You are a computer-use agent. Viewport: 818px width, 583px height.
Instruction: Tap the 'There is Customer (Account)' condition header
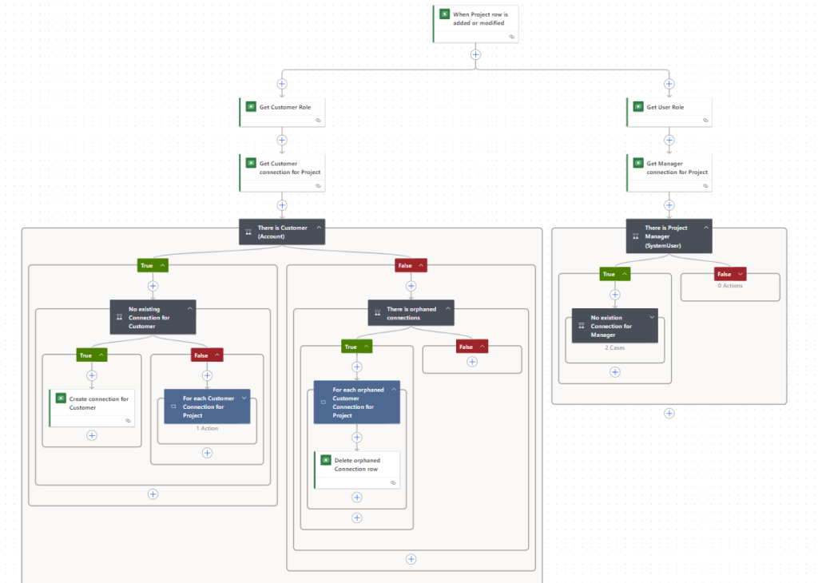(x=282, y=232)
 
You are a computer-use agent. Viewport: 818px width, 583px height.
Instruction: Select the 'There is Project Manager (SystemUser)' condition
(x=668, y=236)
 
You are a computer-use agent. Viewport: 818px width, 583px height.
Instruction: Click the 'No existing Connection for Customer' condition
(x=152, y=317)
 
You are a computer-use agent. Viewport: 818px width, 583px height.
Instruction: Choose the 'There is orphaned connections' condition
(x=411, y=313)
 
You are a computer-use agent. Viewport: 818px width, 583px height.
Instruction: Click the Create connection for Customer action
(x=93, y=403)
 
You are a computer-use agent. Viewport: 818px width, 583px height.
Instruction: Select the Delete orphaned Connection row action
(x=357, y=464)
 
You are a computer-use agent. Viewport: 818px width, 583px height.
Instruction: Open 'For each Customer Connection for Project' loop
(x=207, y=407)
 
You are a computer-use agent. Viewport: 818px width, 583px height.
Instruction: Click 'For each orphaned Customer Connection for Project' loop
(x=357, y=402)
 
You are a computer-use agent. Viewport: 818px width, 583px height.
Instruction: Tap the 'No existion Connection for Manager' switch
(x=614, y=326)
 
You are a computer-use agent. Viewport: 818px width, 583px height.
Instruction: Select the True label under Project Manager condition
(x=609, y=274)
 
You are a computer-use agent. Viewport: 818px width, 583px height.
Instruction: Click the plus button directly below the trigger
(x=475, y=54)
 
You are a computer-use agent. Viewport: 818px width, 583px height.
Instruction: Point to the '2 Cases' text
(x=615, y=348)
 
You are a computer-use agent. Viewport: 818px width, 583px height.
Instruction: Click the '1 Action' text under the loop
(x=207, y=429)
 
